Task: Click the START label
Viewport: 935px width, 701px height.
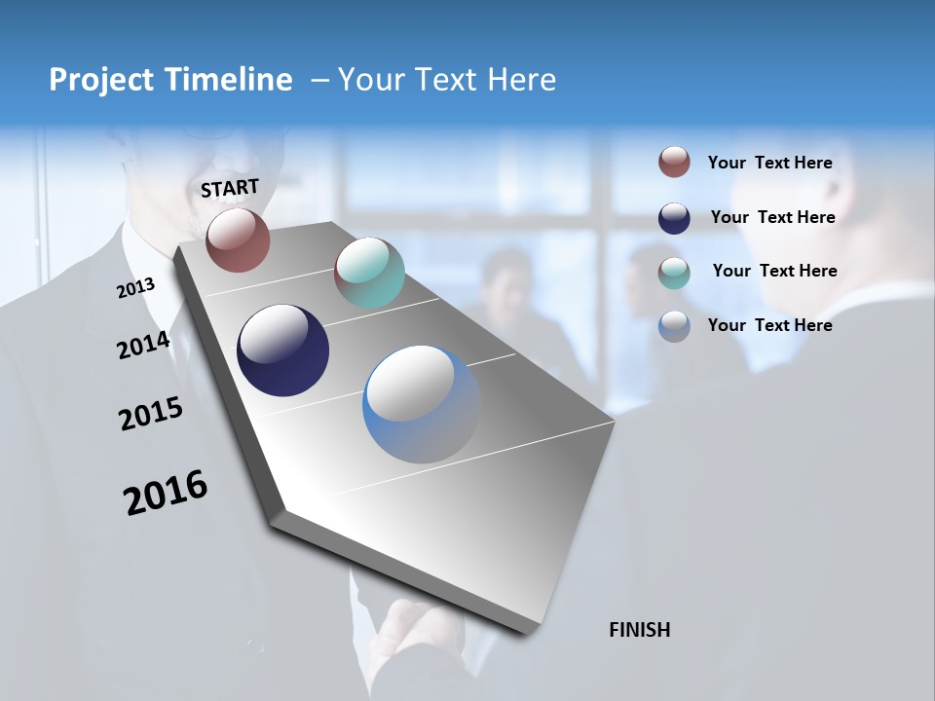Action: (x=230, y=187)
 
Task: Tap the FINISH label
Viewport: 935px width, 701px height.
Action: (x=639, y=630)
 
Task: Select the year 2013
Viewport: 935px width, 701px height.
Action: (x=135, y=288)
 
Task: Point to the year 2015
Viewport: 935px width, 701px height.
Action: (x=151, y=414)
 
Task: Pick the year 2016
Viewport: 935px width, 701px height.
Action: (x=166, y=492)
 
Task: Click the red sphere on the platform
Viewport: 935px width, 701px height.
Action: (x=238, y=240)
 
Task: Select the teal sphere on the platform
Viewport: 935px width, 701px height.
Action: (x=369, y=273)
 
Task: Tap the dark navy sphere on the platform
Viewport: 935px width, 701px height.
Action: (x=282, y=350)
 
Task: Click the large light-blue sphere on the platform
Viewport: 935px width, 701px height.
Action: (x=421, y=404)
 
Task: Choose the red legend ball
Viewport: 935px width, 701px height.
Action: (x=674, y=162)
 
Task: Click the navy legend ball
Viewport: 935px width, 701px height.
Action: (x=674, y=218)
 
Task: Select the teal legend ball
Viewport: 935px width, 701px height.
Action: (x=674, y=273)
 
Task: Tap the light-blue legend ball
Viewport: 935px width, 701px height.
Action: (x=674, y=326)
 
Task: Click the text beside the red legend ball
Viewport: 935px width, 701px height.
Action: (x=769, y=163)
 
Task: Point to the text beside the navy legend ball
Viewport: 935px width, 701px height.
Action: (x=772, y=217)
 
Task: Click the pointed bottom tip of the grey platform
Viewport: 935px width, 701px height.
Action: (x=526, y=631)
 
